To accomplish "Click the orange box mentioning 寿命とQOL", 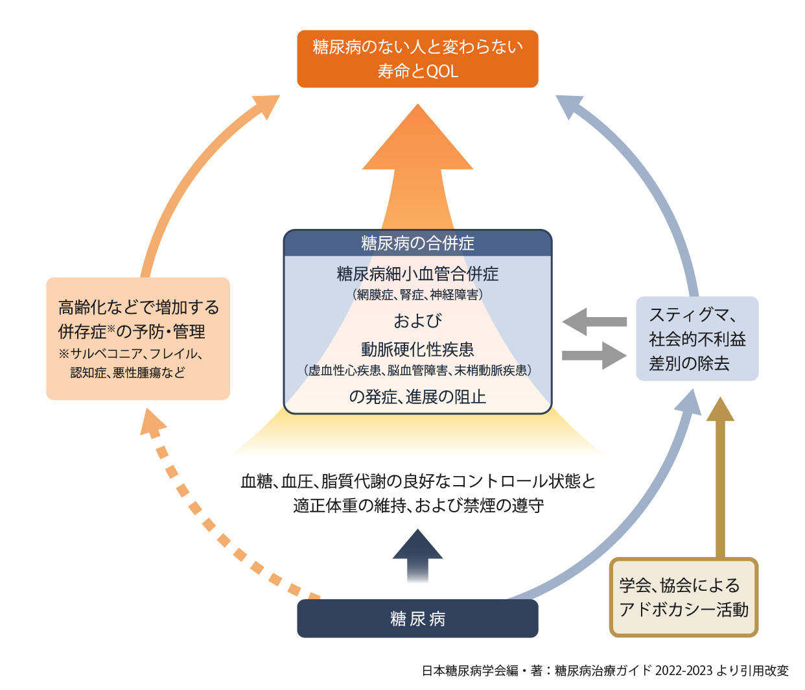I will point(417,58).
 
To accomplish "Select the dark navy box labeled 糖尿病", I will point(417,619).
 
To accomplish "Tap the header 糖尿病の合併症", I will point(417,243).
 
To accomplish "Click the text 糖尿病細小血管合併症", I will point(417,274).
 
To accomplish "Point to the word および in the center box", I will point(417,320).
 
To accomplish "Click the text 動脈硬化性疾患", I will point(417,350).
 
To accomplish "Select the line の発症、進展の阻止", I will point(417,396).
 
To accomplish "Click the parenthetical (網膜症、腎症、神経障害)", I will point(417,295).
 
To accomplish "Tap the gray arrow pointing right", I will point(595,355).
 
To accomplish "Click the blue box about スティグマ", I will point(697,339).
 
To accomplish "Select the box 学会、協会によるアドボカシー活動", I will point(684,597).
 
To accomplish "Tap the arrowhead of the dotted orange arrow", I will point(152,425).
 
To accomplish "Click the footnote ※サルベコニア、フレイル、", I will point(131,354).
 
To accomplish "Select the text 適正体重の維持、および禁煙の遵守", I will point(418,505).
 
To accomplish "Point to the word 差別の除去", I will point(689,363).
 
